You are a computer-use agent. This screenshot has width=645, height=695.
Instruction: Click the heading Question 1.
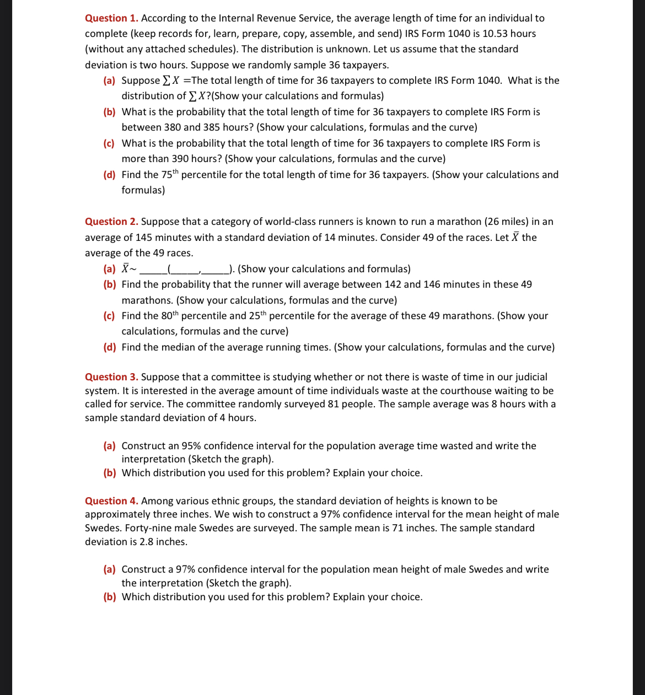click(x=111, y=18)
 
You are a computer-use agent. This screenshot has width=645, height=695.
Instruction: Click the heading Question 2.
click(x=111, y=222)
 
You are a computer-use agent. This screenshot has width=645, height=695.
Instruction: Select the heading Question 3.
click(x=111, y=377)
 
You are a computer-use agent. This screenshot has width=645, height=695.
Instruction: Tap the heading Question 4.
click(x=111, y=501)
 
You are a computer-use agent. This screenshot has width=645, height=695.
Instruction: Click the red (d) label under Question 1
click(x=109, y=175)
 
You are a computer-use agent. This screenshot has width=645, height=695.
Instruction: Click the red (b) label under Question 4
click(x=109, y=597)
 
